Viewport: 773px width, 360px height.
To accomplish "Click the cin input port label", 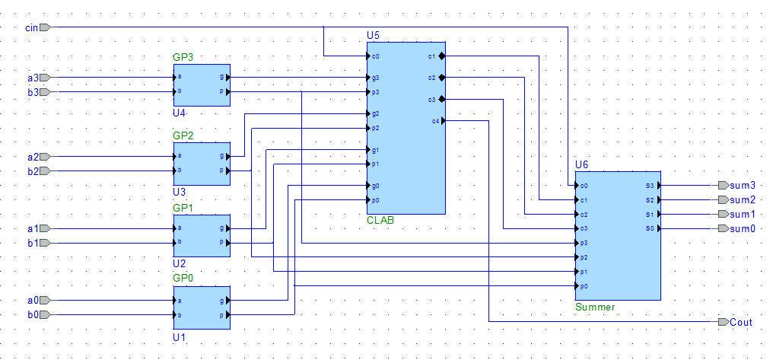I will click(x=31, y=27).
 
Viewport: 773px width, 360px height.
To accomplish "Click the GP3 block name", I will click(x=183, y=58).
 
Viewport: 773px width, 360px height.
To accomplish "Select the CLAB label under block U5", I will click(x=380, y=220).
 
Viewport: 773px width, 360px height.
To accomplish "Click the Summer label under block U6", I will click(x=595, y=307).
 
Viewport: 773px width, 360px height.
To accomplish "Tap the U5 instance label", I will click(x=373, y=36).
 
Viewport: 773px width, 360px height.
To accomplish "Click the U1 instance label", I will click(x=179, y=336).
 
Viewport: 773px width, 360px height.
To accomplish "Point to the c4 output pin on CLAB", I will click(x=442, y=120).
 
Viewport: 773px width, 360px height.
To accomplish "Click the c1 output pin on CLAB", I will click(x=442, y=56).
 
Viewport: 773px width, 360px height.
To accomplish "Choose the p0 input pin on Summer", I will click(x=577, y=286).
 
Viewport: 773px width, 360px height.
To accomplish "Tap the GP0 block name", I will click(x=183, y=279).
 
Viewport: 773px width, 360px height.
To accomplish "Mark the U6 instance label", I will click(x=582, y=164).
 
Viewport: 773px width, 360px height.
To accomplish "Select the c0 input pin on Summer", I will click(x=577, y=185).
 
